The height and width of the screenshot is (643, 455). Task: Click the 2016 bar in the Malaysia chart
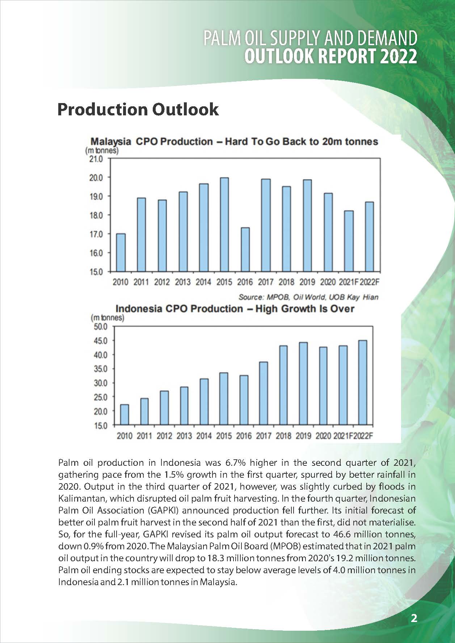(x=245, y=250)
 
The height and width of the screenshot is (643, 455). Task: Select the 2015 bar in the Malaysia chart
(x=224, y=225)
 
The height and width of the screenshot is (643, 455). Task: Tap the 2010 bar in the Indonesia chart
(x=124, y=414)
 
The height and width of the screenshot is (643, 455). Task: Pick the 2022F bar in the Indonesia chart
(x=362, y=383)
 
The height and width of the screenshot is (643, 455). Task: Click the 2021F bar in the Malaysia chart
(x=349, y=241)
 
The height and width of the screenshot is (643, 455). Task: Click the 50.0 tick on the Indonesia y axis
(x=100, y=327)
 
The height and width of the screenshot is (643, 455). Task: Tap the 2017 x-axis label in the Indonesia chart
(x=264, y=436)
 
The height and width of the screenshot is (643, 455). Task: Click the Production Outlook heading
(x=138, y=109)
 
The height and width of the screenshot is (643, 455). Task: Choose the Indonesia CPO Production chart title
(x=235, y=308)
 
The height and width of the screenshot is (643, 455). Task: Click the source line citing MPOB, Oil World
(x=308, y=297)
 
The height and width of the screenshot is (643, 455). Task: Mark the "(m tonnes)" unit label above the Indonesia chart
(x=107, y=318)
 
